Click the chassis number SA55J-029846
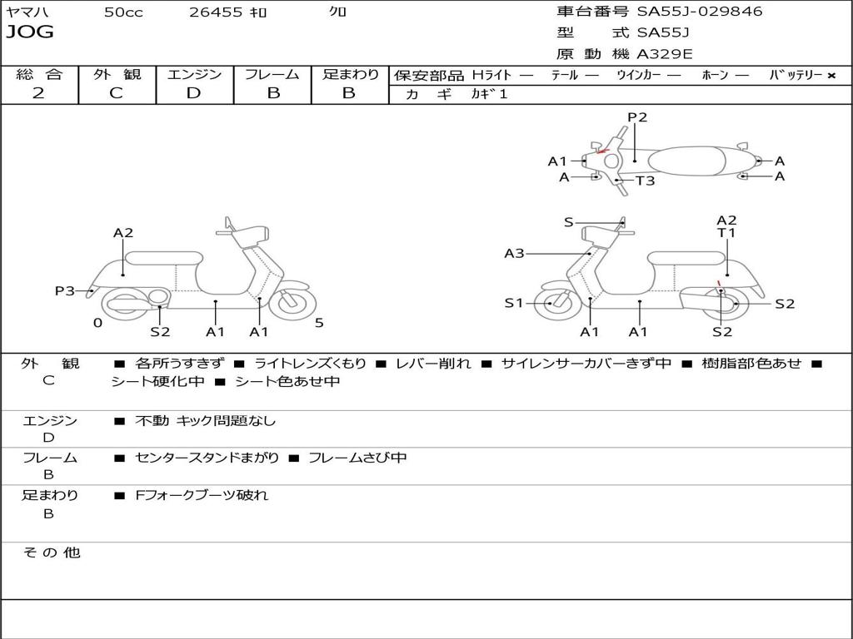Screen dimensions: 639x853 [x=700, y=12]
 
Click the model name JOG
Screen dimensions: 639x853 [x=30, y=32]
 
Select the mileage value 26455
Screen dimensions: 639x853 [x=216, y=12]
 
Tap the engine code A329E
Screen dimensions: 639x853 [x=665, y=55]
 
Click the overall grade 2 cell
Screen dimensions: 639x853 [x=39, y=93]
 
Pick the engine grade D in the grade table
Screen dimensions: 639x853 [x=194, y=93]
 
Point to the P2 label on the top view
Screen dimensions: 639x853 [x=637, y=117]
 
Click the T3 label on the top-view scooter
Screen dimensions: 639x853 [x=646, y=181]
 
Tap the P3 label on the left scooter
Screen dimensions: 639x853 [x=65, y=290]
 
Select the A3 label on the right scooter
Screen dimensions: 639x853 [x=515, y=253]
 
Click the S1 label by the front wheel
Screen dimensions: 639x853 [x=514, y=303]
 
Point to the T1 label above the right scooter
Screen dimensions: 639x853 [x=726, y=234]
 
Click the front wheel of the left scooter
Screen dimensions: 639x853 [x=292, y=302]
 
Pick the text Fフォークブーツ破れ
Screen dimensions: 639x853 [x=202, y=495]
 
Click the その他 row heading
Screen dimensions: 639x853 [x=52, y=552]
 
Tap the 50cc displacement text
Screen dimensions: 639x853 [x=123, y=12]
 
